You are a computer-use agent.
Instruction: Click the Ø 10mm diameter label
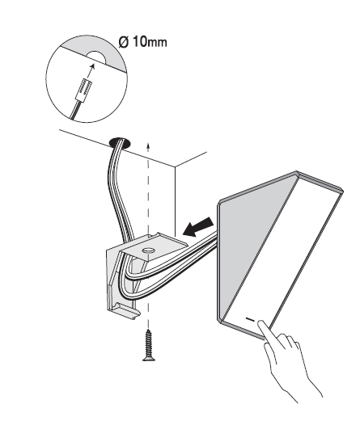[142, 42]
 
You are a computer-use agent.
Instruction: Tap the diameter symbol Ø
[124, 42]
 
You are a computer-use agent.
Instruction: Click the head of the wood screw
[149, 357]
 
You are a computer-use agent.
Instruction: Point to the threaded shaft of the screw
[148, 342]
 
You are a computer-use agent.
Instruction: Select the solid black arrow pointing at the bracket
[198, 226]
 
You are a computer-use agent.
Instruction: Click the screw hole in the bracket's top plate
[149, 250]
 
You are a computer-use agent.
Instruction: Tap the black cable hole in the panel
[120, 143]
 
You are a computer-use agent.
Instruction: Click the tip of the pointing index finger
[261, 322]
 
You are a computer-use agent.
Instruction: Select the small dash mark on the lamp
[250, 319]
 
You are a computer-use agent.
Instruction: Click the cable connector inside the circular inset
[83, 91]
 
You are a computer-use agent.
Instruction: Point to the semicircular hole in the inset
[96, 57]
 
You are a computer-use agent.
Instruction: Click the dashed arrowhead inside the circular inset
[92, 66]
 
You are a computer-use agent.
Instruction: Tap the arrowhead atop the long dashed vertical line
[147, 145]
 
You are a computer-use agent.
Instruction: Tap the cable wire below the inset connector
[75, 110]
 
